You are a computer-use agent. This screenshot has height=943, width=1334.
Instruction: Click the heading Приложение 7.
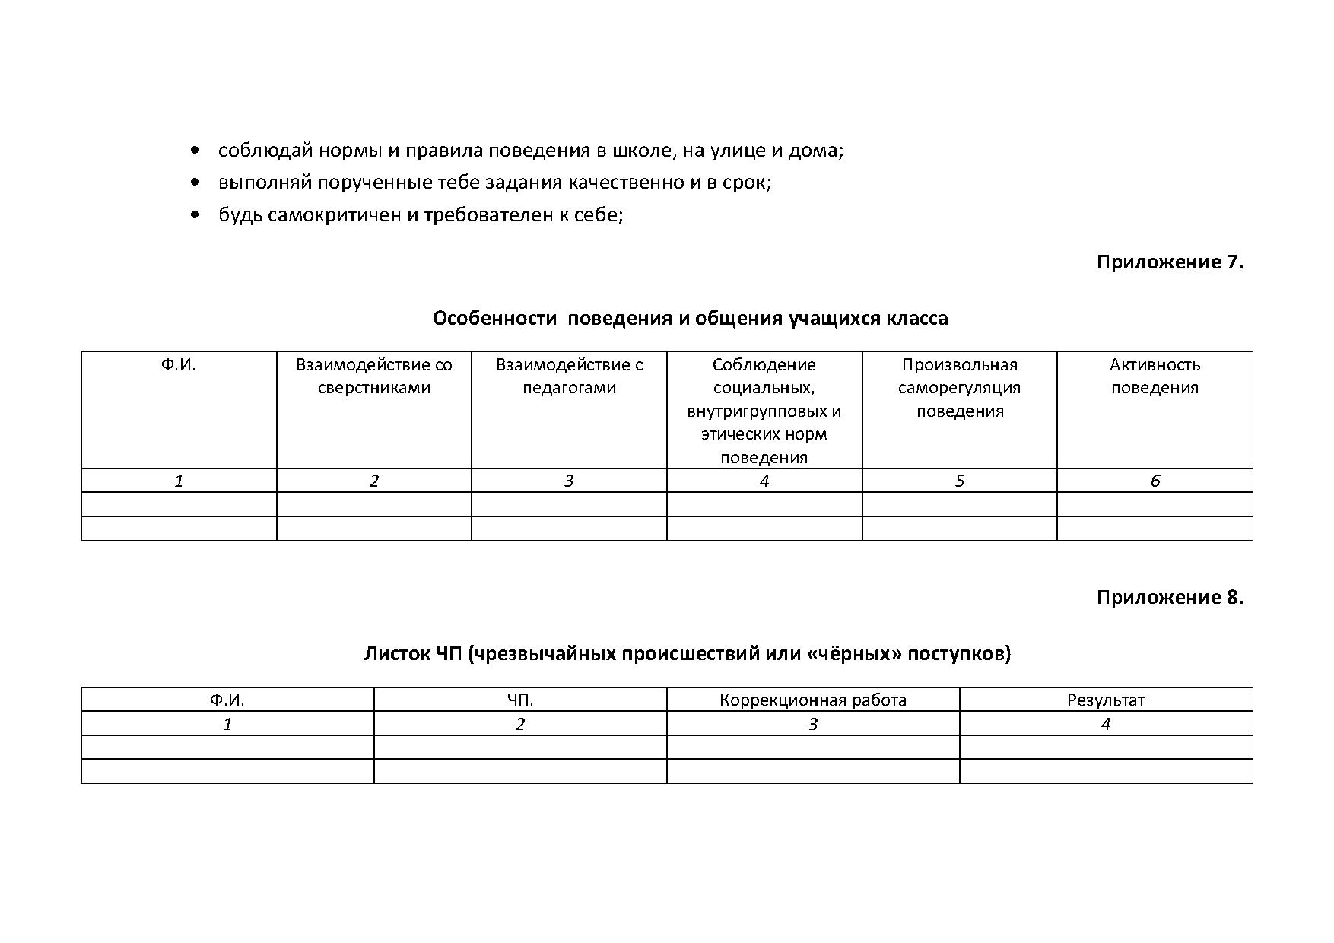[1169, 262]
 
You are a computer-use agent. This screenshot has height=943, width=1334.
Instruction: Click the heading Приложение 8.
[1169, 598]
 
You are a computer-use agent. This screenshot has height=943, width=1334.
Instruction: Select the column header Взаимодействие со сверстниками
[373, 376]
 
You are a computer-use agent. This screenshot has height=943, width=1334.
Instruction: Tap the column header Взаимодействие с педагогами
[569, 376]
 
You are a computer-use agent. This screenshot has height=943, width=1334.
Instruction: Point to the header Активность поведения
[1155, 376]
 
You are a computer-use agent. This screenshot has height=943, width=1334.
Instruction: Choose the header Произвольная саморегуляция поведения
[959, 387]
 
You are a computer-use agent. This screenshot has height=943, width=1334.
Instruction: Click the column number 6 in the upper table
[1155, 481]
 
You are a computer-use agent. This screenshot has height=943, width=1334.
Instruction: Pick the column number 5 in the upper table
[959, 481]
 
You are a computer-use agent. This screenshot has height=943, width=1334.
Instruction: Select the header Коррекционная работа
[812, 700]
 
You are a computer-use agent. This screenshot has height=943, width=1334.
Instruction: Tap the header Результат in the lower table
[1105, 700]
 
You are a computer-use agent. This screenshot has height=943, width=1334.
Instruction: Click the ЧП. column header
[520, 700]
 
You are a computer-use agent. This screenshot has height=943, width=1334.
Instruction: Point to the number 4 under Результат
[1105, 724]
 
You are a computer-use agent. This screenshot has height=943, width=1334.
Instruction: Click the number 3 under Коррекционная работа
[812, 724]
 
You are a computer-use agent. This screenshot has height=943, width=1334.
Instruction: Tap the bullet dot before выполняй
[196, 183]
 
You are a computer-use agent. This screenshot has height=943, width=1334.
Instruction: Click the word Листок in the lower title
[397, 653]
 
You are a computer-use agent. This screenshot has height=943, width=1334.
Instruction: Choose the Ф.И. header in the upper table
[178, 365]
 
